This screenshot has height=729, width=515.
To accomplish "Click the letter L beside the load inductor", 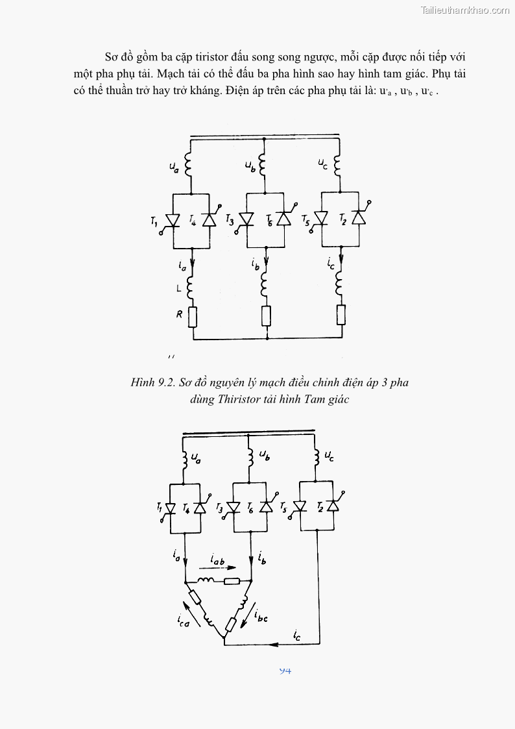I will click(x=179, y=286).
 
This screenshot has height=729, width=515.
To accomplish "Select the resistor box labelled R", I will click(x=193, y=316).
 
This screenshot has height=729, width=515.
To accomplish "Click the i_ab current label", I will click(x=219, y=558).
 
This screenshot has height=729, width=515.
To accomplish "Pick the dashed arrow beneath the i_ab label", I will click(x=222, y=568).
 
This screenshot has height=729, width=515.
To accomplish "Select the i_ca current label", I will click(x=184, y=621).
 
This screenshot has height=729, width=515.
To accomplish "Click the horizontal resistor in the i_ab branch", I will click(x=232, y=581).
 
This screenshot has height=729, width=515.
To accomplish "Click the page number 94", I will click(x=285, y=670).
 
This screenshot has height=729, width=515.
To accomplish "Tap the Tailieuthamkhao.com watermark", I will click(x=465, y=10).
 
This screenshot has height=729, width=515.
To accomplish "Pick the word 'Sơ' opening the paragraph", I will click(x=112, y=56).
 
